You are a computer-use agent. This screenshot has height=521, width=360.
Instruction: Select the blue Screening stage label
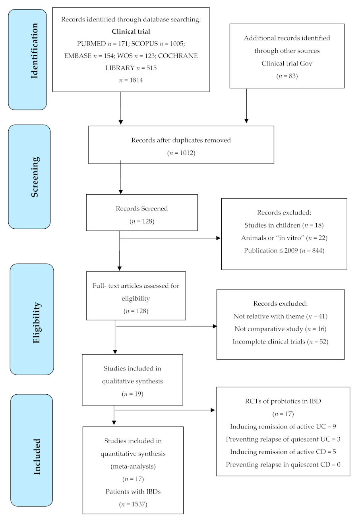[x=29, y=177]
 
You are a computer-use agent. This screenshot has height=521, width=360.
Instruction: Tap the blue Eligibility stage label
[x=31, y=319]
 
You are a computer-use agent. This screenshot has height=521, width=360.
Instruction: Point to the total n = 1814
[x=131, y=80]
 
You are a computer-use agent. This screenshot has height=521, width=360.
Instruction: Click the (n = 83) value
[x=286, y=75]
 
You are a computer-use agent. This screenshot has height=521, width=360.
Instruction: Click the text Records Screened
[x=142, y=208]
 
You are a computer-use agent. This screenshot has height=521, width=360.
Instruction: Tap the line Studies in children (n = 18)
[x=284, y=226]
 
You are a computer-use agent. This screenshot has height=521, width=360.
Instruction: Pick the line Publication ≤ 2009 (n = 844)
[x=284, y=250]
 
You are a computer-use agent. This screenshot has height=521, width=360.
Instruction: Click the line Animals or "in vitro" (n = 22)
[x=284, y=238]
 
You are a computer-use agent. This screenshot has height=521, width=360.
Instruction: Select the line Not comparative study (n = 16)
[x=280, y=329]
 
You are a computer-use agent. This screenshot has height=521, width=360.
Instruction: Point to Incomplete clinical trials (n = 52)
[x=280, y=341]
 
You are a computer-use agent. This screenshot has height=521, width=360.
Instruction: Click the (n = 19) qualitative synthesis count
[x=132, y=394]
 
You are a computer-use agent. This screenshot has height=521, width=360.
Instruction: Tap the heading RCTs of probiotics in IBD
[x=283, y=401]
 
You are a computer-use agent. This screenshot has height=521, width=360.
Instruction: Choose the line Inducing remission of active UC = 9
[x=283, y=426]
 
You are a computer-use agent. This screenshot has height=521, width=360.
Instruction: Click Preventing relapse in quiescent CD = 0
[x=283, y=464]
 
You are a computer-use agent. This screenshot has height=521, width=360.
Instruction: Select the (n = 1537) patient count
[x=133, y=504]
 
